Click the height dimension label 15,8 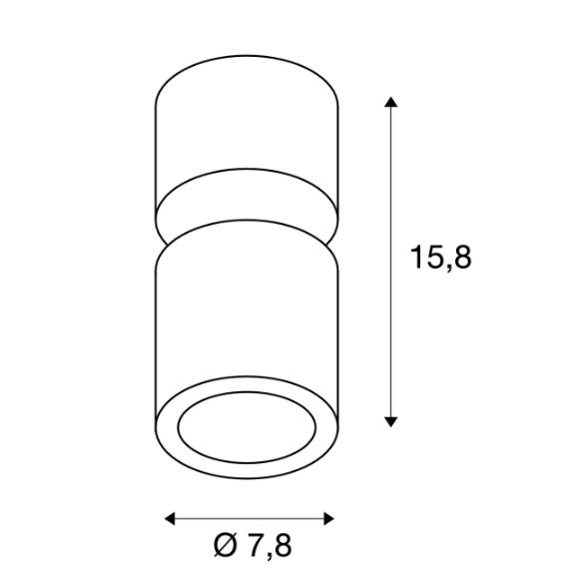click(x=440, y=258)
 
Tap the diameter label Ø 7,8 click(x=253, y=546)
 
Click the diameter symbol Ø click(x=226, y=545)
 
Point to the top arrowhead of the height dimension click(x=390, y=102)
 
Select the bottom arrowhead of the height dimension click(x=390, y=421)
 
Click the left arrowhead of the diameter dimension click(x=170, y=518)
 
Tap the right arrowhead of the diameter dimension click(x=328, y=518)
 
